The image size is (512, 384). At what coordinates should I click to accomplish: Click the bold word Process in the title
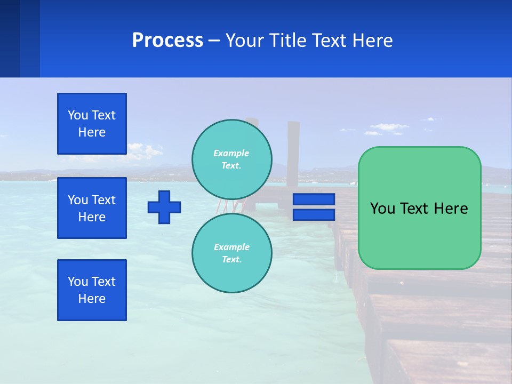pos(167,41)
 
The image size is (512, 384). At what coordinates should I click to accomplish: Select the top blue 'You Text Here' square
pos(92,124)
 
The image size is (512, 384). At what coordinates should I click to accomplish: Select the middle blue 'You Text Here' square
pos(92,208)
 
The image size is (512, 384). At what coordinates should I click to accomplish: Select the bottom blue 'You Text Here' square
pos(92,290)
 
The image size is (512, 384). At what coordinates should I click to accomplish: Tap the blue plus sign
pos(164,207)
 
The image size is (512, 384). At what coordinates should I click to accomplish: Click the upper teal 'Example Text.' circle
pos(232,159)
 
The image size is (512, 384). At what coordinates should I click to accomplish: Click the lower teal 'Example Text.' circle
pos(232,253)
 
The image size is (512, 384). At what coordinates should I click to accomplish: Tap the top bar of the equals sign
pos(314,199)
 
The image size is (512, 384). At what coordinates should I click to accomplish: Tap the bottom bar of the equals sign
pos(314,215)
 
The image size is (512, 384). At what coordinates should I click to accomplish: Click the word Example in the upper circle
pos(231,153)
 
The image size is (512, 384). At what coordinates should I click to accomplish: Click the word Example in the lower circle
pos(231,247)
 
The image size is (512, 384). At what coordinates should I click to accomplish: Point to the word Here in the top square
pos(92,132)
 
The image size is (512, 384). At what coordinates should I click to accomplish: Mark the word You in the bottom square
pos(78,282)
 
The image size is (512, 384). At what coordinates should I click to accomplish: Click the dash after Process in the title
pos(214,41)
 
